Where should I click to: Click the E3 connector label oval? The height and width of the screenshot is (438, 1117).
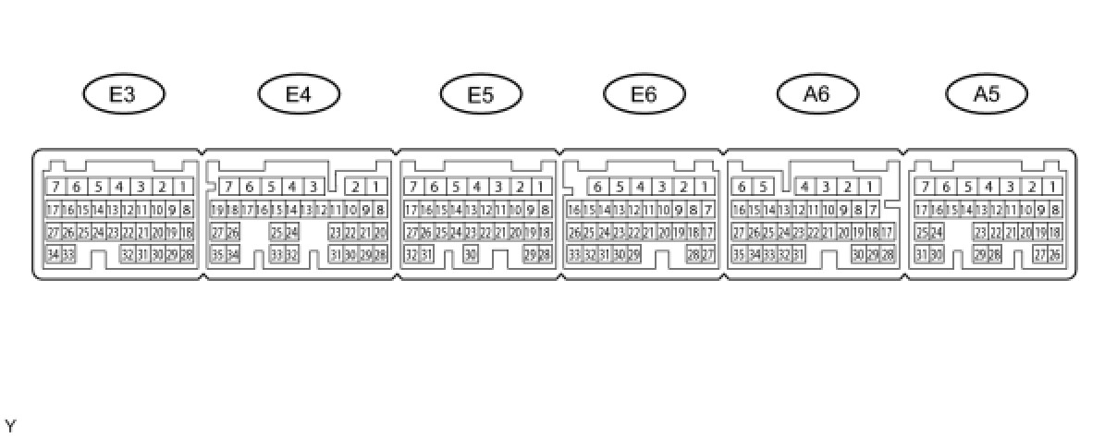tap(124, 93)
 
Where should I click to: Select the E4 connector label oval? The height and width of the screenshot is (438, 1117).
tap(299, 93)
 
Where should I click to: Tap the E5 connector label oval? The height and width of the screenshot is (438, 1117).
tap(481, 93)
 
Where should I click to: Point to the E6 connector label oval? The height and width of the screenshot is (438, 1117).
tap(644, 93)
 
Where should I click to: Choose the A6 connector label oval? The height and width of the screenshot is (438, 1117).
tap(817, 93)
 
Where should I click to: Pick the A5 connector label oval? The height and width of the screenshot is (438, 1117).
tap(988, 93)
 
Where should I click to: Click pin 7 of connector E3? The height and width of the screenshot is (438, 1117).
tap(55, 188)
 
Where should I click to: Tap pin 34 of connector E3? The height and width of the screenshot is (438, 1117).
tap(53, 254)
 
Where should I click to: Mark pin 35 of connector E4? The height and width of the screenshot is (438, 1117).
tap(217, 254)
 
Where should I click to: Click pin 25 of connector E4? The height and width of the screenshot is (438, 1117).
tap(276, 232)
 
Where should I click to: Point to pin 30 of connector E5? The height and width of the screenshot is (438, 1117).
tap(471, 254)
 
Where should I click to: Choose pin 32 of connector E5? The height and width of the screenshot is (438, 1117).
tap(411, 254)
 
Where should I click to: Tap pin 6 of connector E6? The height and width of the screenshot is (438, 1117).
tap(597, 188)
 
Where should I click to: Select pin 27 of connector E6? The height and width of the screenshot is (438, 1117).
tap(708, 254)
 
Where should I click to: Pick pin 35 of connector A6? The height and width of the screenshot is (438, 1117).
tap(738, 254)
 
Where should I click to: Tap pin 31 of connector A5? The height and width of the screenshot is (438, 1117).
tap(922, 254)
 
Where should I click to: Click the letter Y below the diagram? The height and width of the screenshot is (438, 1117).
tap(10, 426)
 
